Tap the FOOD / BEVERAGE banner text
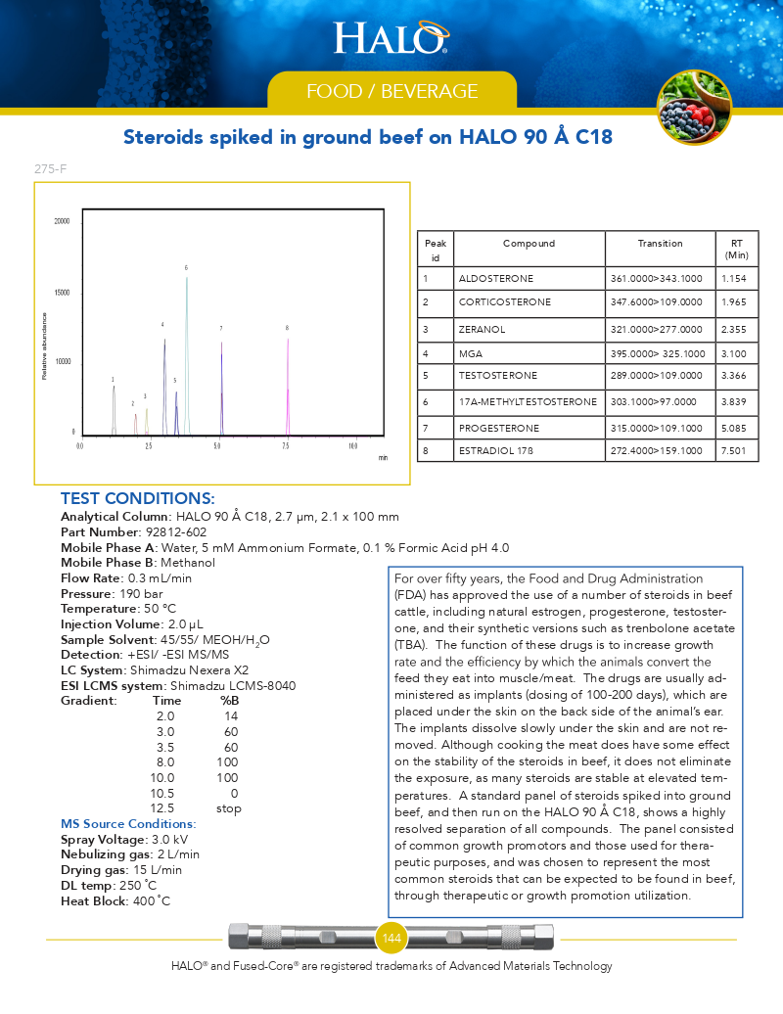coord(391,92)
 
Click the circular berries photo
coord(693,108)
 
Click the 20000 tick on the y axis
coord(62,221)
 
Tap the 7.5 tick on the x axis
coord(286,446)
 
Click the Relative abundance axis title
coord(44,346)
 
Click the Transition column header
coord(660,244)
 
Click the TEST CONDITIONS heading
coord(137,499)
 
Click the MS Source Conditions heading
coord(128,824)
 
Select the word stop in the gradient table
coord(228,808)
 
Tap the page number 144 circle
coord(391,939)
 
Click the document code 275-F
coord(50,169)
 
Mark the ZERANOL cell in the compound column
coord(482,330)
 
